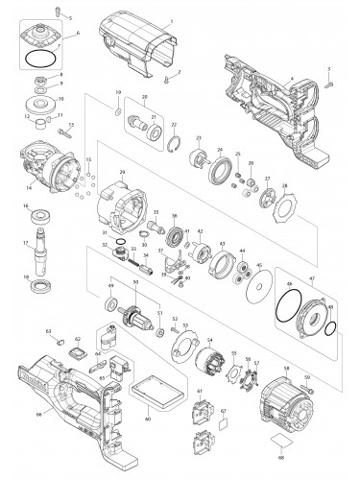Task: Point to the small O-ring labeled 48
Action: click(x=328, y=330)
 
